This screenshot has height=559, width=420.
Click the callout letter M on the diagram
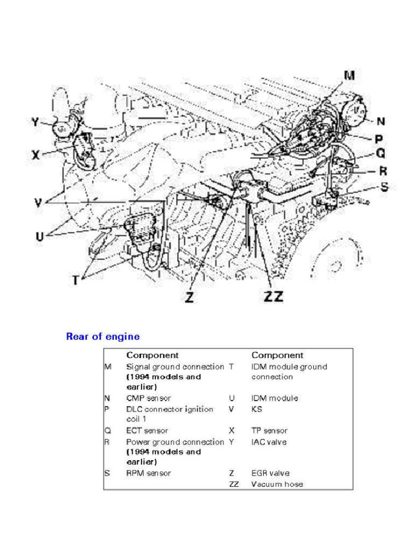[348, 76]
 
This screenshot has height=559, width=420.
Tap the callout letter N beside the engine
[381, 121]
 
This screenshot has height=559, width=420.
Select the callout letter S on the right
[384, 187]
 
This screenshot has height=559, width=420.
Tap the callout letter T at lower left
[76, 280]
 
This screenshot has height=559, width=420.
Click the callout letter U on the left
[40, 237]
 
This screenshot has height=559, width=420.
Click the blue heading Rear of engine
[103, 336]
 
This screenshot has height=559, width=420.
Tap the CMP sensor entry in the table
[148, 398]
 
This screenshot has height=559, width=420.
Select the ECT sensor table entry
[147, 431]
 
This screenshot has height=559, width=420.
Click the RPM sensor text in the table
[148, 473]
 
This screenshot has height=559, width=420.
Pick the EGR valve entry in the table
[270, 473]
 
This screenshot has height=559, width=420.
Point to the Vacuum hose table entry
[277, 484]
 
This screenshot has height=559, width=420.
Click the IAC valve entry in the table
[269, 442]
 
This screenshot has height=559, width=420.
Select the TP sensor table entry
[269, 431]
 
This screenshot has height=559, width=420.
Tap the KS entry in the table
[256, 409]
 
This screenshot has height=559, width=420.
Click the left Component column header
[153, 355]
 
